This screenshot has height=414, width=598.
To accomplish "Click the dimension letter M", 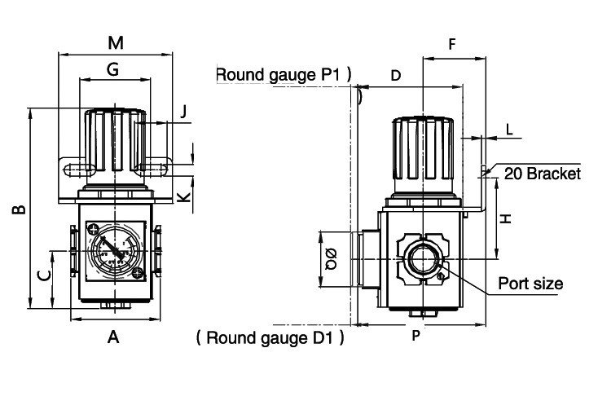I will click(x=115, y=42).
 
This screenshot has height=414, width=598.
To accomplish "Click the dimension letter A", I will click(x=113, y=337).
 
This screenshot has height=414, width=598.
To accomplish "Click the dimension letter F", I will click(x=452, y=44).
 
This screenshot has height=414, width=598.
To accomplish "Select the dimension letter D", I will click(x=395, y=76).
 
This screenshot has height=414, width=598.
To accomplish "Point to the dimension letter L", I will click(x=509, y=129).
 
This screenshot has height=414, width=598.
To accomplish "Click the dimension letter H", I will click(x=505, y=218).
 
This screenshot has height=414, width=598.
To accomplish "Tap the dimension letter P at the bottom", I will click(x=416, y=336).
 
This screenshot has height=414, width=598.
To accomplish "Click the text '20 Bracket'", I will click(x=542, y=174).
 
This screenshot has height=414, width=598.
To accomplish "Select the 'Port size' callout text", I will click(x=530, y=284).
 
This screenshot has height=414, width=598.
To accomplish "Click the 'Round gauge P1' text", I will click(x=283, y=75).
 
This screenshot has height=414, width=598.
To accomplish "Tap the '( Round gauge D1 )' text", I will click(x=270, y=337).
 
